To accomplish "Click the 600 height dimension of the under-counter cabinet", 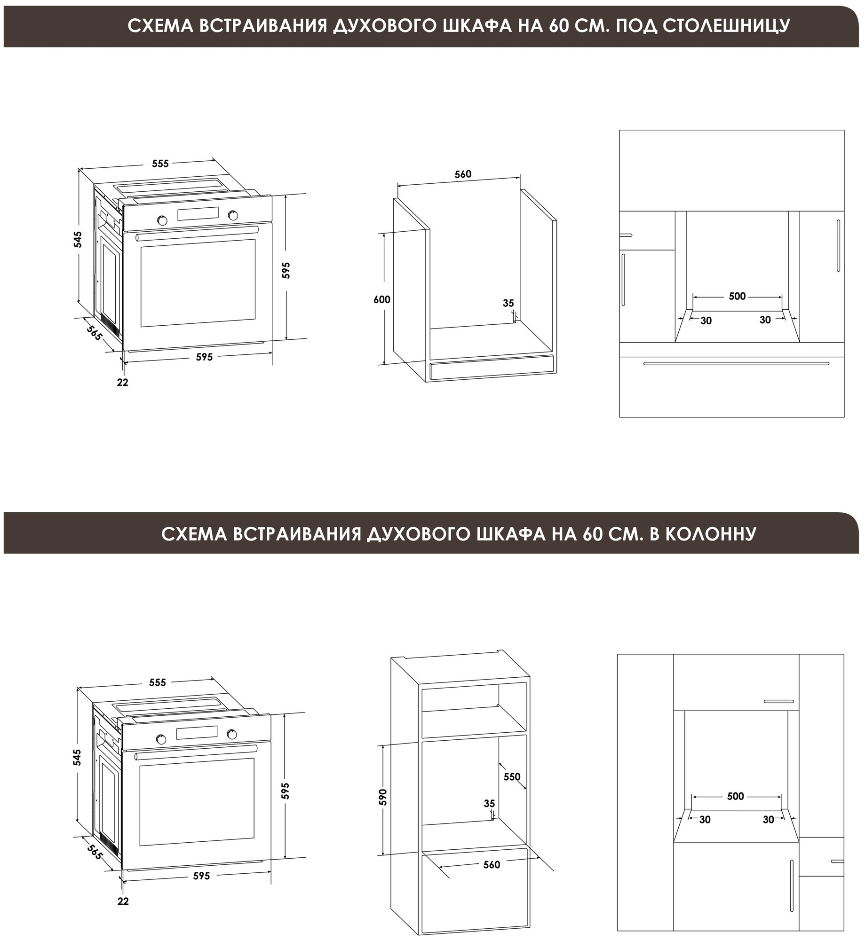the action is coord(382,299).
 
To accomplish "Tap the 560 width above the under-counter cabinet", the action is coord(463,174).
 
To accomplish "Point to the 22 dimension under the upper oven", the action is coord(122,383).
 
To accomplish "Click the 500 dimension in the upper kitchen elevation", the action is coord(737,296).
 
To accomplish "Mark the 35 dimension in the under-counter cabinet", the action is coord(508,304).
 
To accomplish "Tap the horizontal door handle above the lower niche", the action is coord(779,714).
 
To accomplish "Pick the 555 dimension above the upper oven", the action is coord(160,164).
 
